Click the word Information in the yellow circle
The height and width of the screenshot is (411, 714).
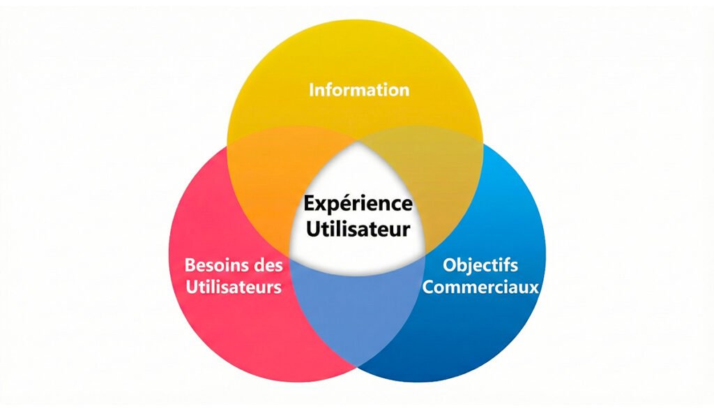(x=358, y=90)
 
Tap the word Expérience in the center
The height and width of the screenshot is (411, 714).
(x=358, y=205)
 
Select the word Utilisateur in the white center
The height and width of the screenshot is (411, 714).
(x=356, y=227)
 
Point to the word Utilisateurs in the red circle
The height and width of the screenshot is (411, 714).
(x=234, y=287)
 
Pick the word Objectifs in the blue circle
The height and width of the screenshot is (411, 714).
(x=480, y=266)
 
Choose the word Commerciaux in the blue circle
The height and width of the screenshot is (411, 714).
(x=481, y=286)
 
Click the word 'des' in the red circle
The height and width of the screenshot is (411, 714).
(x=268, y=265)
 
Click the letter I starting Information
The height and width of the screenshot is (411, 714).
(x=312, y=90)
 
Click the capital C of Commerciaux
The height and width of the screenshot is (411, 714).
(x=430, y=286)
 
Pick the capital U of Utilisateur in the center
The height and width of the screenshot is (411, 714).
(x=312, y=227)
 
